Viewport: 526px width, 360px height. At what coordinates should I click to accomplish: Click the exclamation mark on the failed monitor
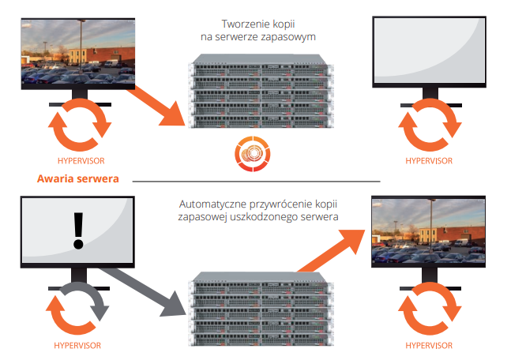click(x=77, y=226)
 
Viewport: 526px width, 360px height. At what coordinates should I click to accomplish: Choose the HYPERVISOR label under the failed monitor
click(x=77, y=345)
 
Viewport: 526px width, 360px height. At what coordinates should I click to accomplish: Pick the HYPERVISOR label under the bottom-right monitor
click(x=430, y=345)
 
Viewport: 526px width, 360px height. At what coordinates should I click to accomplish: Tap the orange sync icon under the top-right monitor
click(x=429, y=127)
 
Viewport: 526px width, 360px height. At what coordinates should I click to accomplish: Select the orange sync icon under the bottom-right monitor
click(x=429, y=311)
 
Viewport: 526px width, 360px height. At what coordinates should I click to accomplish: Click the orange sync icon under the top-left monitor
click(x=77, y=127)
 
